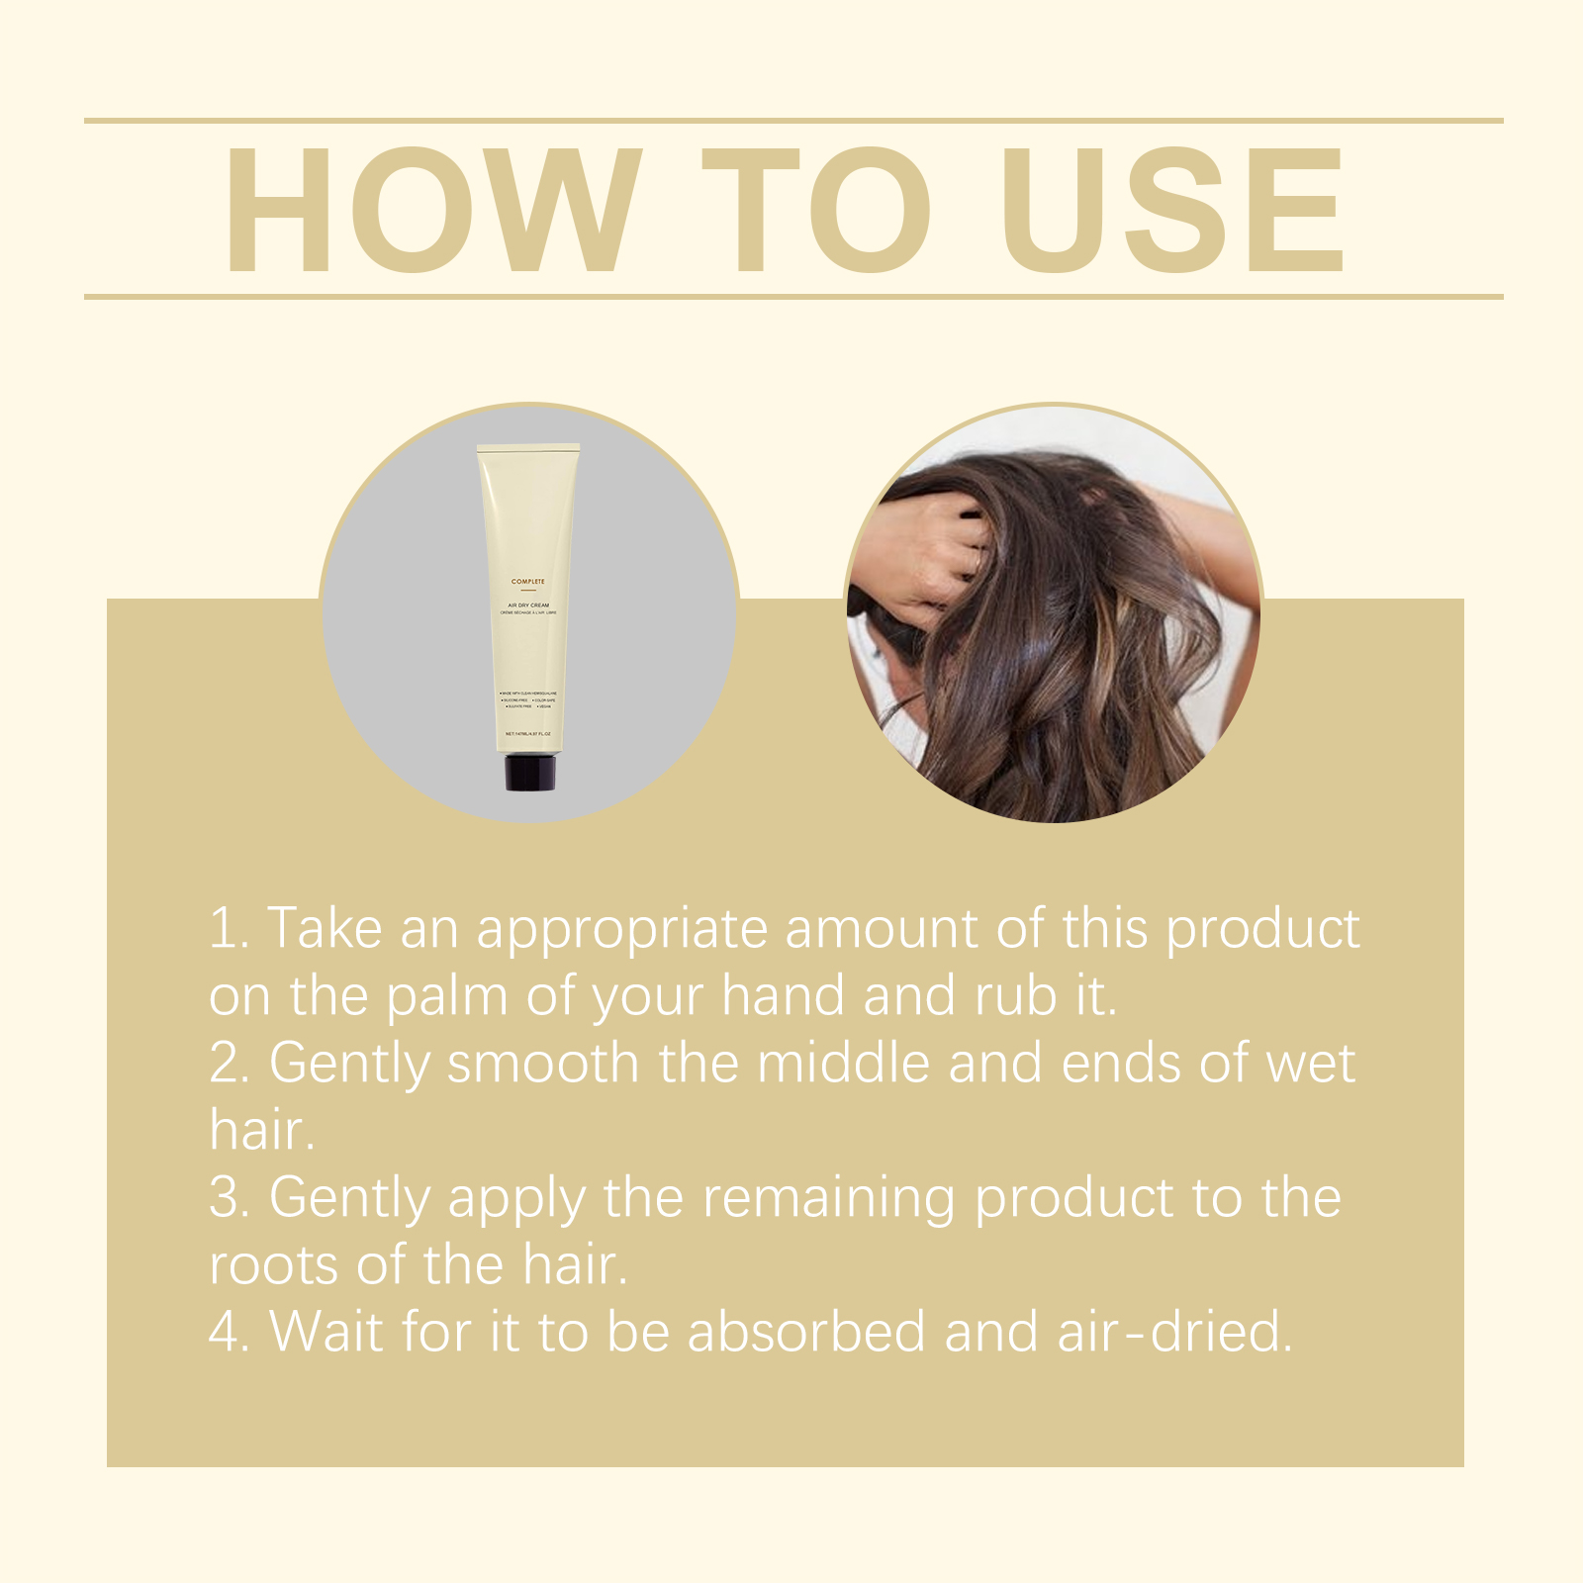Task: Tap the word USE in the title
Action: [x=1172, y=211]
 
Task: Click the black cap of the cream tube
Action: [x=529, y=772]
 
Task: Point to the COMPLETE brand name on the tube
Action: [x=528, y=582]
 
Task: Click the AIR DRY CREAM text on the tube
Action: [x=528, y=605]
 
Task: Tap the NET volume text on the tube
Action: [x=528, y=734]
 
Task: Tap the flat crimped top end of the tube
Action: [x=528, y=448]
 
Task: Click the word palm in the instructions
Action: [x=446, y=996]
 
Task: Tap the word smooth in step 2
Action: [x=543, y=1064]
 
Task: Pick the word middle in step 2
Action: [x=843, y=1064]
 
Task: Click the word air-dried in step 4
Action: [x=1175, y=1332]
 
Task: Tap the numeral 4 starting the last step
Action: [x=225, y=1332]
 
